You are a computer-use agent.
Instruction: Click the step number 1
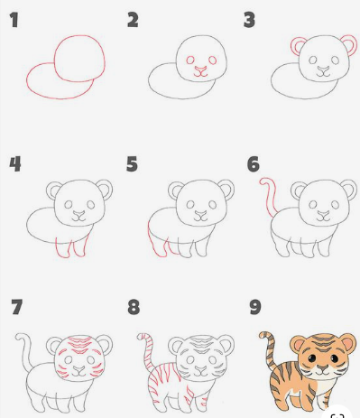[x=14, y=19]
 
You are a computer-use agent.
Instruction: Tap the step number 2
[x=133, y=19]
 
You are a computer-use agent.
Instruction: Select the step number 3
[x=249, y=19]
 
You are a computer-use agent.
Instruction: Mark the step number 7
[x=16, y=307]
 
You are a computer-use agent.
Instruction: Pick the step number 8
[x=134, y=307]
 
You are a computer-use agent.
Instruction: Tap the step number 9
[x=254, y=307]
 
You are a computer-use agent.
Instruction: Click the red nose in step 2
[x=200, y=68]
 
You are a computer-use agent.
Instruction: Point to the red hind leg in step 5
[x=152, y=242]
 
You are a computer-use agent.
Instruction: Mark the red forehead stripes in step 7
[x=80, y=344]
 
